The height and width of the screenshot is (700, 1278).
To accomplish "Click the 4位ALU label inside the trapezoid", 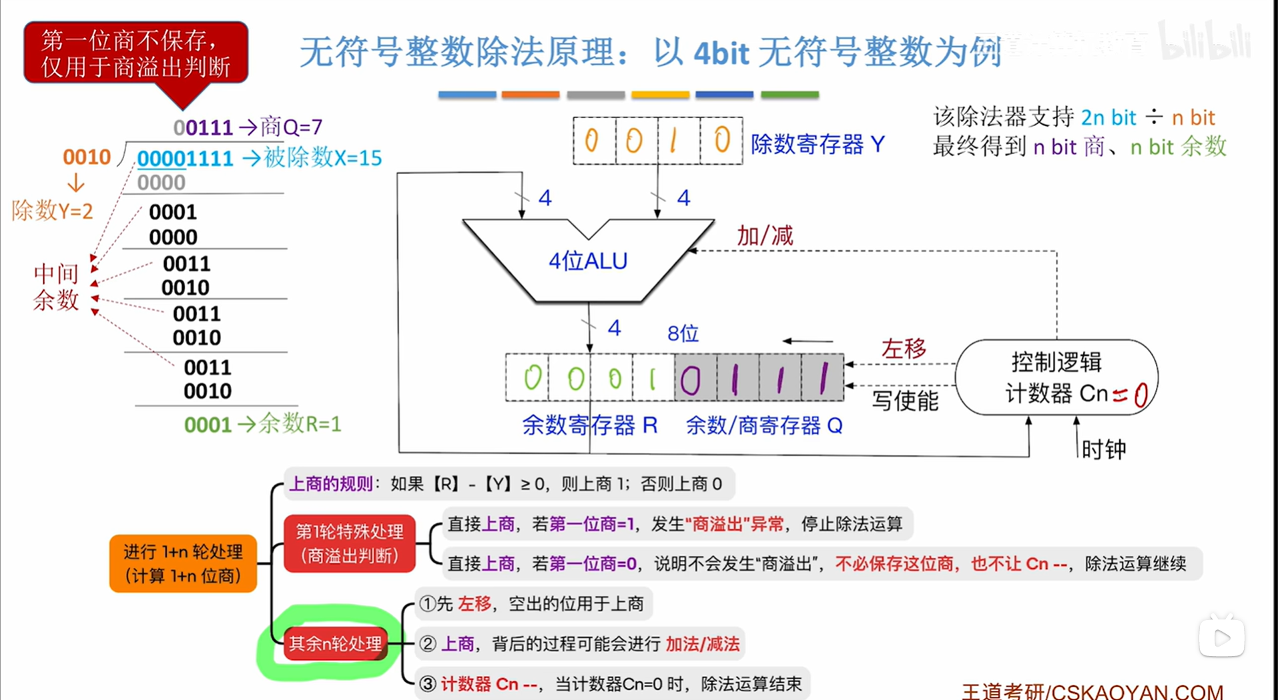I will pyautogui.click(x=588, y=261).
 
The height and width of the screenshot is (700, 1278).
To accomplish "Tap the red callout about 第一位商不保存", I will pyautogui.click(x=135, y=53).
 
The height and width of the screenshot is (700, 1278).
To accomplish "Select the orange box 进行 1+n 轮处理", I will pyautogui.click(x=183, y=563).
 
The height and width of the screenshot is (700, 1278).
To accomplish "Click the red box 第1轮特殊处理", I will pyautogui.click(x=349, y=543).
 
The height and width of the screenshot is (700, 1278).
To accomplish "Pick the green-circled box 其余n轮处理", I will pyautogui.click(x=335, y=644).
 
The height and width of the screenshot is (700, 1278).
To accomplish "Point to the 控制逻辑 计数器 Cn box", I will pyautogui.click(x=1056, y=378).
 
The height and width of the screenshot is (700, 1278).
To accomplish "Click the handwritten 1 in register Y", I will pyautogui.click(x=675, y=141).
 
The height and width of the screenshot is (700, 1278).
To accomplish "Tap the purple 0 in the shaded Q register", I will pyautogui.click(x=691, y=380).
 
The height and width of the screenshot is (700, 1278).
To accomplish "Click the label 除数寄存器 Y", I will pyautogui.click(x=818, y=144).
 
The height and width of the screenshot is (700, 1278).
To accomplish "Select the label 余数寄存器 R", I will pyautogui.click(x=589, y=426).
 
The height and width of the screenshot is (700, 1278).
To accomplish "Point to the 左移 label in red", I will pyautogui.click(x=903, y=348).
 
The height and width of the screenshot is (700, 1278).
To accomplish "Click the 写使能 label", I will pyautogui.click(x=905, y=400).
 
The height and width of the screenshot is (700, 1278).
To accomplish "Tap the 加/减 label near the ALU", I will pyautogui.click(x=764, y=236).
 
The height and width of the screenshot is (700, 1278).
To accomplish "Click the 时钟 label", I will pyautogui.click(x=1104, y=449).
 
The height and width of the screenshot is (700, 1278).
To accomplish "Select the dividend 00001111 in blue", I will pyautogui.click(x=185, y=159).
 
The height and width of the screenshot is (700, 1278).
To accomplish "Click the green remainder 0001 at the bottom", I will pyautogui.click(x=208, y=425).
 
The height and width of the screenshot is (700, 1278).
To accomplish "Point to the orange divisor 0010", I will pyautogui.click(x=86, y=157).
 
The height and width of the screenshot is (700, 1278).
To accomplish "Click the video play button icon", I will pyautogui.click(x=1221, y=638).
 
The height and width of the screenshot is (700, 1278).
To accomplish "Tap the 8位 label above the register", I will pyautogui.click(x=683, y=334).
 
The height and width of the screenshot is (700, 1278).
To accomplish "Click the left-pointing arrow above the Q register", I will pyautogui.click(x=808, y=341).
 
